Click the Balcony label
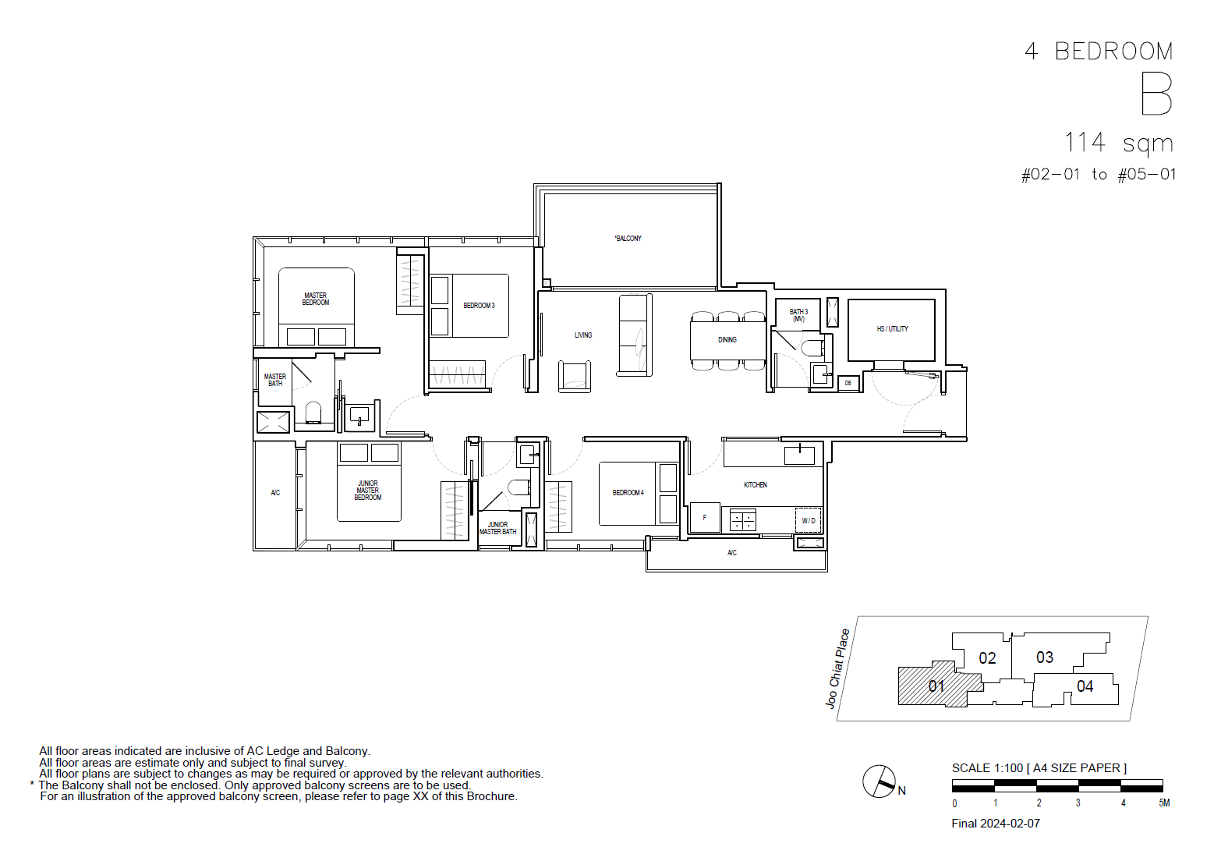tap(628, 239)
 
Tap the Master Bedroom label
tap(316, 299)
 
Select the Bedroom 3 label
tap(479, 306)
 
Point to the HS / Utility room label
tap(892, 329)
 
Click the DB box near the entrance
tap(848, 384)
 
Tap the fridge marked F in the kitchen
tap(705, 518)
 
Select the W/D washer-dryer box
tap(809, 521)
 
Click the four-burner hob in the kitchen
tap(743, 519)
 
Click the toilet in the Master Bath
tap(313, 413)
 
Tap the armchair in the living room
tap(575, 376)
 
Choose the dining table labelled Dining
tap(728, 341)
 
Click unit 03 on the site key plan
tap(1044, 657)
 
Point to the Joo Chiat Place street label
tap(837, 668)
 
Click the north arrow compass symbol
tap(879, 781)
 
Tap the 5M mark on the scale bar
tap(1164, 803)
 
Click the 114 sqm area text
tap(1119, 144)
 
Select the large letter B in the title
tap(1156, 95)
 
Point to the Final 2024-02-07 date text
tap(996, 824)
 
